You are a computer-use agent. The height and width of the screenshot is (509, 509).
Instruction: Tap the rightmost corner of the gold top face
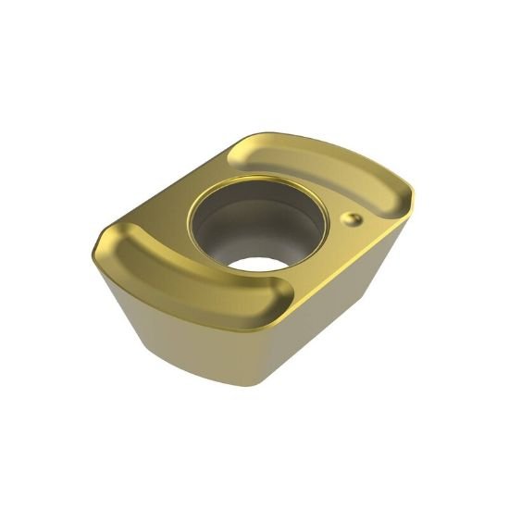412,194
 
